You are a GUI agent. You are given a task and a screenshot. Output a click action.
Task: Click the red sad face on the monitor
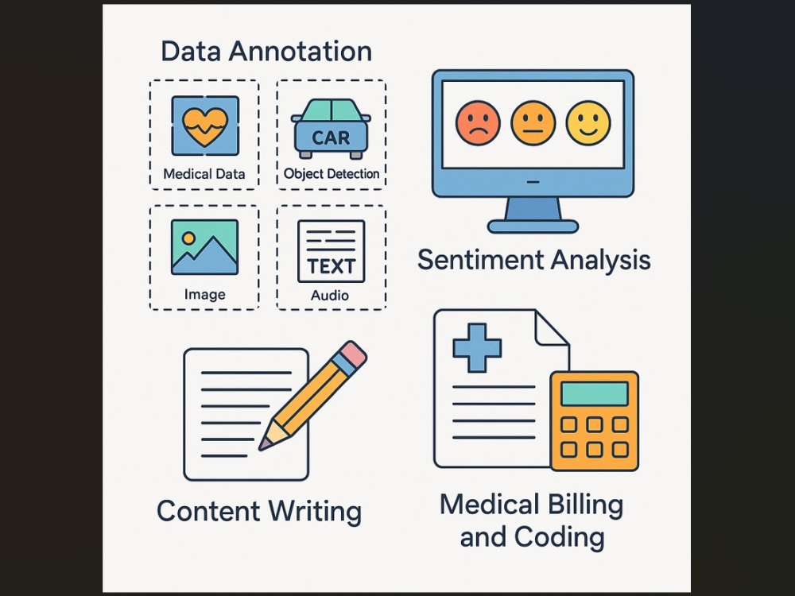point(478,123)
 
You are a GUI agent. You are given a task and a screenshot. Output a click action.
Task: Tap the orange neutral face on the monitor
point(533,123)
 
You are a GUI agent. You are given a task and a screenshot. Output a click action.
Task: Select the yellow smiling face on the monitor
point(588,123)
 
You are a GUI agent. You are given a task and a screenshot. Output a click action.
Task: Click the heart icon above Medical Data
point(205,126)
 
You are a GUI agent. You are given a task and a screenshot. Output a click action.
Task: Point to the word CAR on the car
point(331,137)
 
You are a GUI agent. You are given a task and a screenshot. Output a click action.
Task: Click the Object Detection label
point(332,174)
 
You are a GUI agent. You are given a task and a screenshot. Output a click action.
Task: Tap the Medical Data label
point(204,174)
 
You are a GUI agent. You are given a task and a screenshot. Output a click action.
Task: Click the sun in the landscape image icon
point(188,238)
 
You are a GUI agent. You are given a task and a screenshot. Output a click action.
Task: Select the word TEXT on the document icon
point(331,266)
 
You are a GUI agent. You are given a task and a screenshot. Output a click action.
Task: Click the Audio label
point(330,295)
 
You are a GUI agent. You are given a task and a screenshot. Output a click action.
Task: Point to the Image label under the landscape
point(205,295)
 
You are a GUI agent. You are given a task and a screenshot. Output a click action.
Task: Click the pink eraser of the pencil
point(353,354)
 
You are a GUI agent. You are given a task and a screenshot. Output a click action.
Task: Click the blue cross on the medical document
point(477,348)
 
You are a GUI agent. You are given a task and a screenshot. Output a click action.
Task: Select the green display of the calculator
point(595,394)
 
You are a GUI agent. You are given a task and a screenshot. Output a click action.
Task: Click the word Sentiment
point(479,260)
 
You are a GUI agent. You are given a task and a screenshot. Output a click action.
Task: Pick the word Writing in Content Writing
point(315,512)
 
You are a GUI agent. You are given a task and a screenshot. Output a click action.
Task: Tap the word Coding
point(559,538)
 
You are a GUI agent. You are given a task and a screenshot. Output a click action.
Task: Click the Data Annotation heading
point(266,51)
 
